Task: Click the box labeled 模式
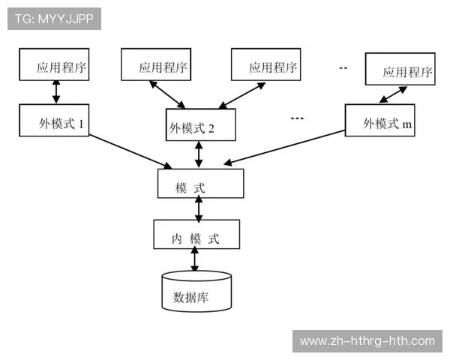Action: (200, 184)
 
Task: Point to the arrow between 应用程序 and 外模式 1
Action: (55, 91)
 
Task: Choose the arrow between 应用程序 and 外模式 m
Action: (393, 95)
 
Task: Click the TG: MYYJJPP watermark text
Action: (54, 19)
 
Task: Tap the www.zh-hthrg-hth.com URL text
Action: (367, 341)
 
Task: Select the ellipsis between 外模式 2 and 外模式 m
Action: (295, 118)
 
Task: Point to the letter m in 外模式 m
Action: (406, 124)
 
